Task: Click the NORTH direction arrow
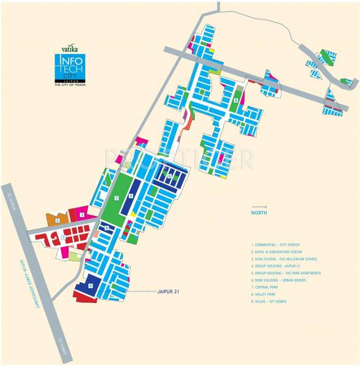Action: point(259,207)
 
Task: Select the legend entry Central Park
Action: point(269,287)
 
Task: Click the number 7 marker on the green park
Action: point(116,198)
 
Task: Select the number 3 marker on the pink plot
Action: point(82,215)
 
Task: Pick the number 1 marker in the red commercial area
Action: point(63,237)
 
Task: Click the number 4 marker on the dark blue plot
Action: point(90,286)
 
